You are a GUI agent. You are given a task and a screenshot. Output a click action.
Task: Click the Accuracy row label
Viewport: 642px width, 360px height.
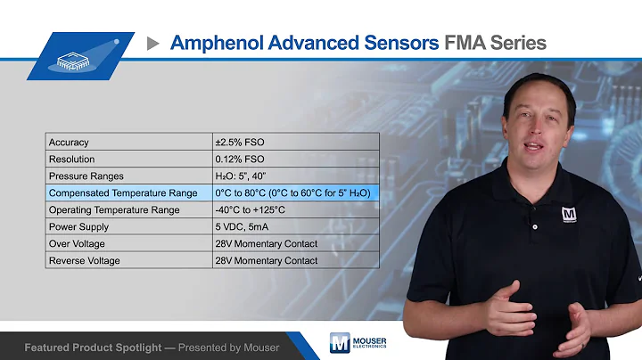click(x=69, y=142)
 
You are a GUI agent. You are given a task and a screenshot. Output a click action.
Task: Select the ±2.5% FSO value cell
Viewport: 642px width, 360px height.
click(x=240, y=142)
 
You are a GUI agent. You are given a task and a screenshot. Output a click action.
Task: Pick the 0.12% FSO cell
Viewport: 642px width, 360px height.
click(x=240, y=159)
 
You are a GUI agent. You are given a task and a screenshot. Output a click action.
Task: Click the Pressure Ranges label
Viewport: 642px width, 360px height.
click(x=86, y=176)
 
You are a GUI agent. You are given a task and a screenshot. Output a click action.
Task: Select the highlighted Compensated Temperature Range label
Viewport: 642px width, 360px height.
click(x=123, y=192)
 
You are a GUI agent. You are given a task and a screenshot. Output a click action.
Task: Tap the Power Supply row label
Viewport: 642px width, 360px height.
click(x=79, y=226)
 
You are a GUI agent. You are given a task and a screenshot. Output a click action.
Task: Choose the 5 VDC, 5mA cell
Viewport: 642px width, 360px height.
click(x=245, y=226)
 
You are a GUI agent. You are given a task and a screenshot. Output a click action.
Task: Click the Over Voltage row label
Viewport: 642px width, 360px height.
click(x=78, y=243)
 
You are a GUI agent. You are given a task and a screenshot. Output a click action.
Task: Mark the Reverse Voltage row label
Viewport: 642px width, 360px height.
click(x=85, y=260)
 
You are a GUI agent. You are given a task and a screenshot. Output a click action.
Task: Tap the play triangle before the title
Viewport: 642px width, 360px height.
click(x=152, y=42)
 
